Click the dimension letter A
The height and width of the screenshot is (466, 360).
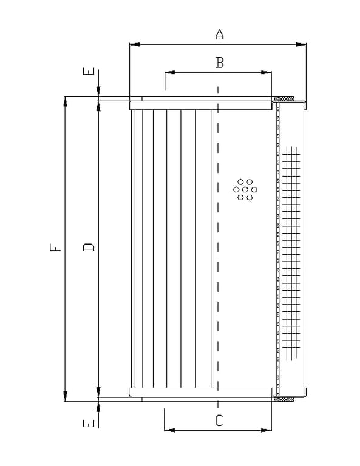(x=219, y=35)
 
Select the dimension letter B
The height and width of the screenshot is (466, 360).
(x=220, y=62)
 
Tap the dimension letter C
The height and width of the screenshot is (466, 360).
(x=219, y=420)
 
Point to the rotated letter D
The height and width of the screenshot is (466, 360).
(x=88, y=247)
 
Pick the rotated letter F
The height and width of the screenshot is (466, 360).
(x=55, y=248)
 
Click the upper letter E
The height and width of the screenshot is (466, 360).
(x=88, y=72)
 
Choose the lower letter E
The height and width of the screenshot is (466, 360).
(x=88, y=423)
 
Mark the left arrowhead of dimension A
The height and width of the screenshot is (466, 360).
(x=135, y=44)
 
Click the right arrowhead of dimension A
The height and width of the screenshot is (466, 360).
(x=301, y=44)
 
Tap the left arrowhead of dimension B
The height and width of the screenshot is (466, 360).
(x=170, y=72)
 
